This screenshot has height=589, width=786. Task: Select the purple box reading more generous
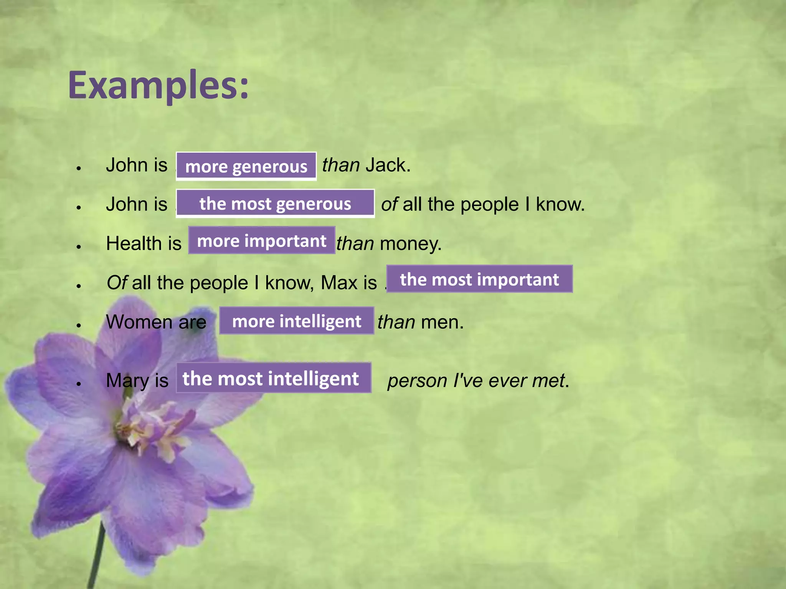click(x=246, y=166)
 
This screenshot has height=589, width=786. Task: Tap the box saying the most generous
click(x=275, y=204)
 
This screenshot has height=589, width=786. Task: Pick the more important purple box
click(x=261, y=241)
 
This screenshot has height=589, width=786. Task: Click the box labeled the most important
click(x=479, y=279)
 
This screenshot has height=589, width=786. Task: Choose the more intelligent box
click(x=297, y=321)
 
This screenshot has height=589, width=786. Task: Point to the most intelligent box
click(x=273, y=378)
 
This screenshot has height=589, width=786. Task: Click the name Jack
click(x=387, y=165)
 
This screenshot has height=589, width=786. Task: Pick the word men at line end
click(x=442, y=322)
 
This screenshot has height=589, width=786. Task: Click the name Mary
click(x=127, y=381)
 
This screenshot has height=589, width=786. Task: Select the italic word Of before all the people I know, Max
click(x=117, y=283)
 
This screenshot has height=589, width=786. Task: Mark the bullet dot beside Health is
click(x=79, y=247)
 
